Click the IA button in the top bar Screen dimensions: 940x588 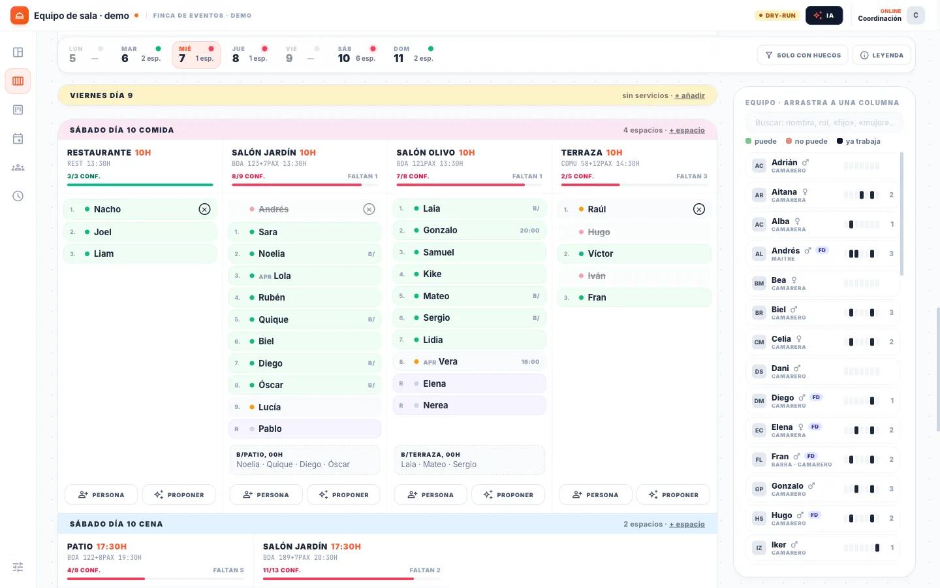click(x=824, y=16)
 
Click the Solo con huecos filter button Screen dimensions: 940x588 click(x=802, y=55)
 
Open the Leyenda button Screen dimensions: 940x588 click(x=882, y=55)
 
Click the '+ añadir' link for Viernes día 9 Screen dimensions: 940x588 click(x=689, y=95)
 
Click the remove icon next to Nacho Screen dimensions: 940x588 click(x=204, y=209)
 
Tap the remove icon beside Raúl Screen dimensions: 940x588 click(x=698, y=209)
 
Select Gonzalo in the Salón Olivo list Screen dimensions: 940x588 click(x=469, y=230)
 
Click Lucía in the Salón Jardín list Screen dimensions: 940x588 click(x=305, y=407)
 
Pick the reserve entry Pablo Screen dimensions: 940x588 click(x=305, y=429)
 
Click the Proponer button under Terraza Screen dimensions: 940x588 click(x=673, y=495)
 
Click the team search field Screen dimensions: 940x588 click(x=824, y=123)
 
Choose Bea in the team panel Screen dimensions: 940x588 click(x=822, y=283)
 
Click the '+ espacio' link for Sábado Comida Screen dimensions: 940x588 click(x=687, y=130)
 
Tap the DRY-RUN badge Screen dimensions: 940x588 click(x=777, y=16)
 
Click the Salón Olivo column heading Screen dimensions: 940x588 click(x=426, y=152)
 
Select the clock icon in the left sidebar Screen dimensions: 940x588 click(x=18, y=196)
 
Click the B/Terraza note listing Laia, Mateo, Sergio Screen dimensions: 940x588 click(x=469, y=460)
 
